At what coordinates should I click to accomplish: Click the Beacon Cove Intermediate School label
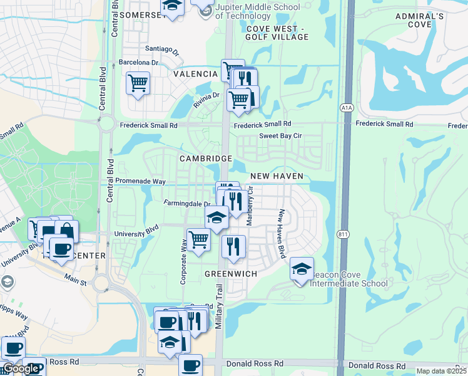(x=348, y=279)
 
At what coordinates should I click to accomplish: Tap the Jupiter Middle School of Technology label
(x=257, y=11)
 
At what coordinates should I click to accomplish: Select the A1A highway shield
(x=347, y=108)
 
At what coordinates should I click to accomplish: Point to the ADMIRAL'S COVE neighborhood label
(x=419, y=20)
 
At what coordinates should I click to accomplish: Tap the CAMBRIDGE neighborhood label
(x=206, y=159)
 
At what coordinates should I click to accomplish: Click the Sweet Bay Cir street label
(x=282, y=136)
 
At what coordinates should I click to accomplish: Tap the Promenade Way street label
(x=140, y=181)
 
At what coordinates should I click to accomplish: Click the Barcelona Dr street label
(x=139, y=63)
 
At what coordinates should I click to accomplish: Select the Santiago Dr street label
(x=162, y=50)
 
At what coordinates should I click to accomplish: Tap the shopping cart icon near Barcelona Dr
(x=138, y=83)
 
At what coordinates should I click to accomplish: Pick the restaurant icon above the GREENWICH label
(x=233, y=246)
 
